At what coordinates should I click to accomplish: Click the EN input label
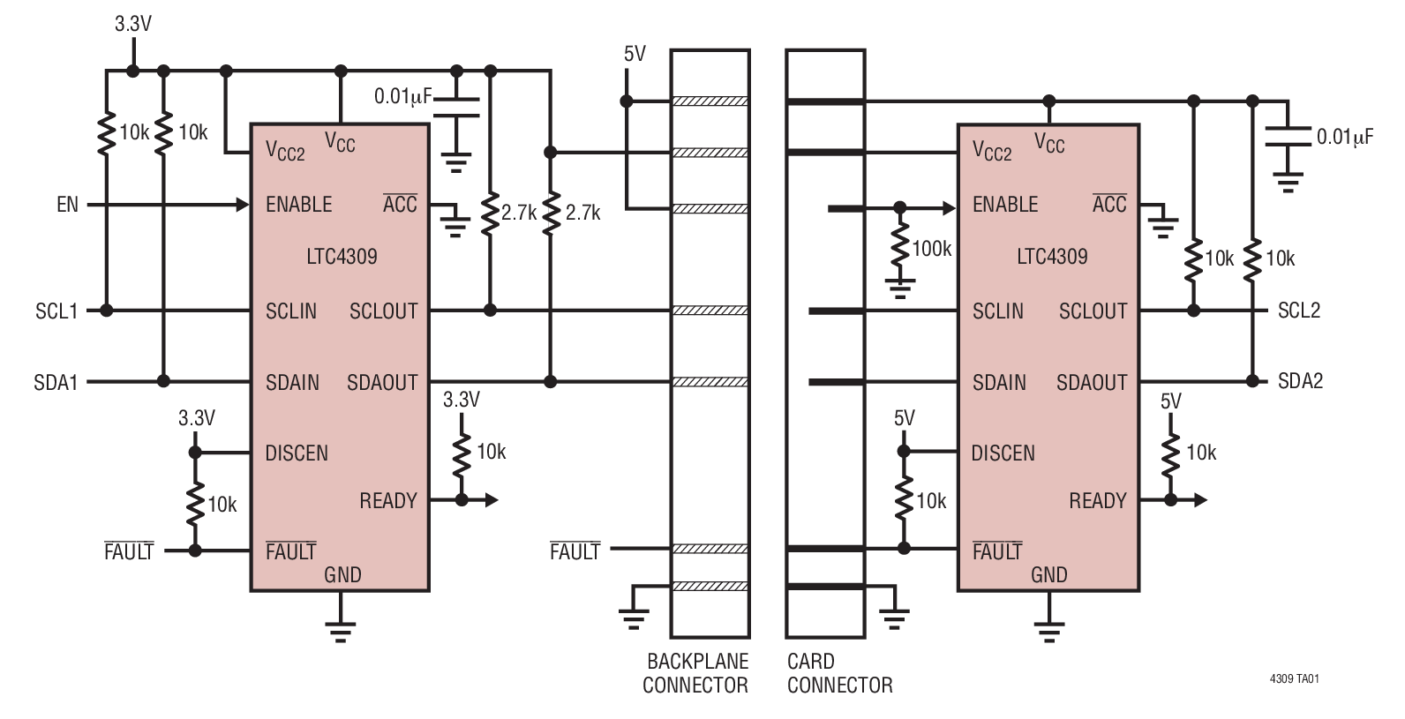(x=67, y=205)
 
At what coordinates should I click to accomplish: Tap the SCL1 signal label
(x=56, y=311)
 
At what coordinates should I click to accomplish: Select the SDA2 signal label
(x=1300, y=381)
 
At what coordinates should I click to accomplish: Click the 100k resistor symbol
(x=899, y=248)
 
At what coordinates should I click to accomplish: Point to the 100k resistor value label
(x=931, y=249)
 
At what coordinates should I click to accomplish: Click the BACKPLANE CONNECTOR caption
(x=695, y=673)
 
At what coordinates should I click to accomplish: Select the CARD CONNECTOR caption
(x=839, y=673)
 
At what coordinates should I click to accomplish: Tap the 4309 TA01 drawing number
(x=1294, y=679)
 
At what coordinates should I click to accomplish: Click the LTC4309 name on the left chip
(x=342, y=257)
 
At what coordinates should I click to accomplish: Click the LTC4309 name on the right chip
(x=1052, y=257)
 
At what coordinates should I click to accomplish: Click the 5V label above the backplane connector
(x=635, y=55)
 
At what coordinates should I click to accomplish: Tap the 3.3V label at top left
(x=133, y=25)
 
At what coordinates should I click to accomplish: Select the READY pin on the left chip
(x=387, y=501)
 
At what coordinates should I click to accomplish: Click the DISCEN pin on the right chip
(x=1003, y=453)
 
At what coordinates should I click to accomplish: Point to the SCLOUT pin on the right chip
(x=1093, y=311)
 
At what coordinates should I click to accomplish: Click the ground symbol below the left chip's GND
(x=340, y=627)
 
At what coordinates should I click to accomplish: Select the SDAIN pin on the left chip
(x=292, y=382)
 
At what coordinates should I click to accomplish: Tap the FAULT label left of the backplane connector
(x=575, y=552)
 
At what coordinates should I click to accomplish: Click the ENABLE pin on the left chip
(x=298, y=205)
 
